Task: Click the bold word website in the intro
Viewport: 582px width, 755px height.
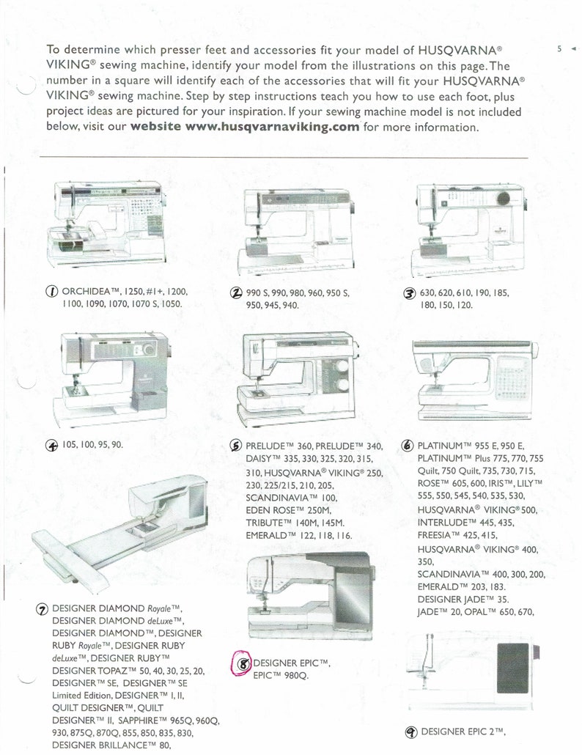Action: (156, 127)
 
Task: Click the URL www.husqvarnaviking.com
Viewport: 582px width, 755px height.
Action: (272, 128)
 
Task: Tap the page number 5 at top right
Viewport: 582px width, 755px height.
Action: (559, 48)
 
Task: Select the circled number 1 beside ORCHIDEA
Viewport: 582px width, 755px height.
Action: (52, 291)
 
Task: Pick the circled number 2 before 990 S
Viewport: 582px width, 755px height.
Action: (236, 292)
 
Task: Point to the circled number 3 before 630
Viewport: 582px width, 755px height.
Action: (409, 293)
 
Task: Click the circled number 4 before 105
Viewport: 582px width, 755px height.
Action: (52, 446)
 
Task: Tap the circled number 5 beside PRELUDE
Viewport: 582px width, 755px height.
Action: (235, 446)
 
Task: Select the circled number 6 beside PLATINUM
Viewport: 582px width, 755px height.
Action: (408, 446)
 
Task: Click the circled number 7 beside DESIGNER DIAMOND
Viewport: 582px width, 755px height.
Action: (43, 609)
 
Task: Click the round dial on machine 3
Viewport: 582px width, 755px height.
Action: (504, 199)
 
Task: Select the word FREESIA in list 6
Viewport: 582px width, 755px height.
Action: (435, 535)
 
